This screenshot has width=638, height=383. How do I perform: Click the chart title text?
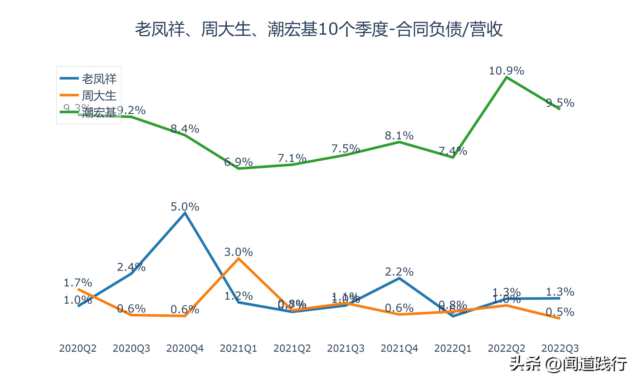(x=319, y=29)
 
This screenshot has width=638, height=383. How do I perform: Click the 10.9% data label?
(x=507, y=71)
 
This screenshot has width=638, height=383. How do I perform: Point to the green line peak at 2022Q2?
(x=507, y=77)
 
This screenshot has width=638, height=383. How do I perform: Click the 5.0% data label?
(x=185, y=207)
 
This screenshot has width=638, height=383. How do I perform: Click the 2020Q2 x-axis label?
(x=78, y=348)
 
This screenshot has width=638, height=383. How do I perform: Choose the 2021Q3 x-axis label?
(x=346, y=348)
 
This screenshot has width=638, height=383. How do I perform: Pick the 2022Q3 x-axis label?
(x=560, y=348)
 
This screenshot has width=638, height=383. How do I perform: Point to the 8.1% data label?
(x=399, y=136)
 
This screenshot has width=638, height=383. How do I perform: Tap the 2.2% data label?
(x=399, y=272)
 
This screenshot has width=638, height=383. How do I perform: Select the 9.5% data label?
(x=560, y=103)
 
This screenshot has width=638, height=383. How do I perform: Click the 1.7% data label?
(x=78, y=283)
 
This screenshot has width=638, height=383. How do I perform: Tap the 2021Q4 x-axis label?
(x=399, y=348)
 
